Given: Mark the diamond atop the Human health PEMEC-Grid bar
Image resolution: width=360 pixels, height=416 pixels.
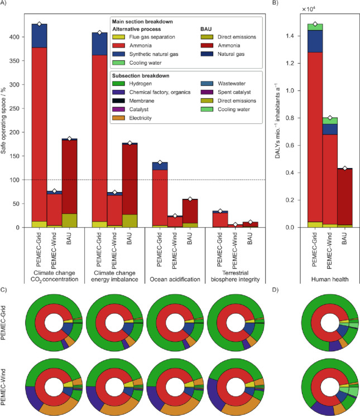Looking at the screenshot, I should pos(315,25).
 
